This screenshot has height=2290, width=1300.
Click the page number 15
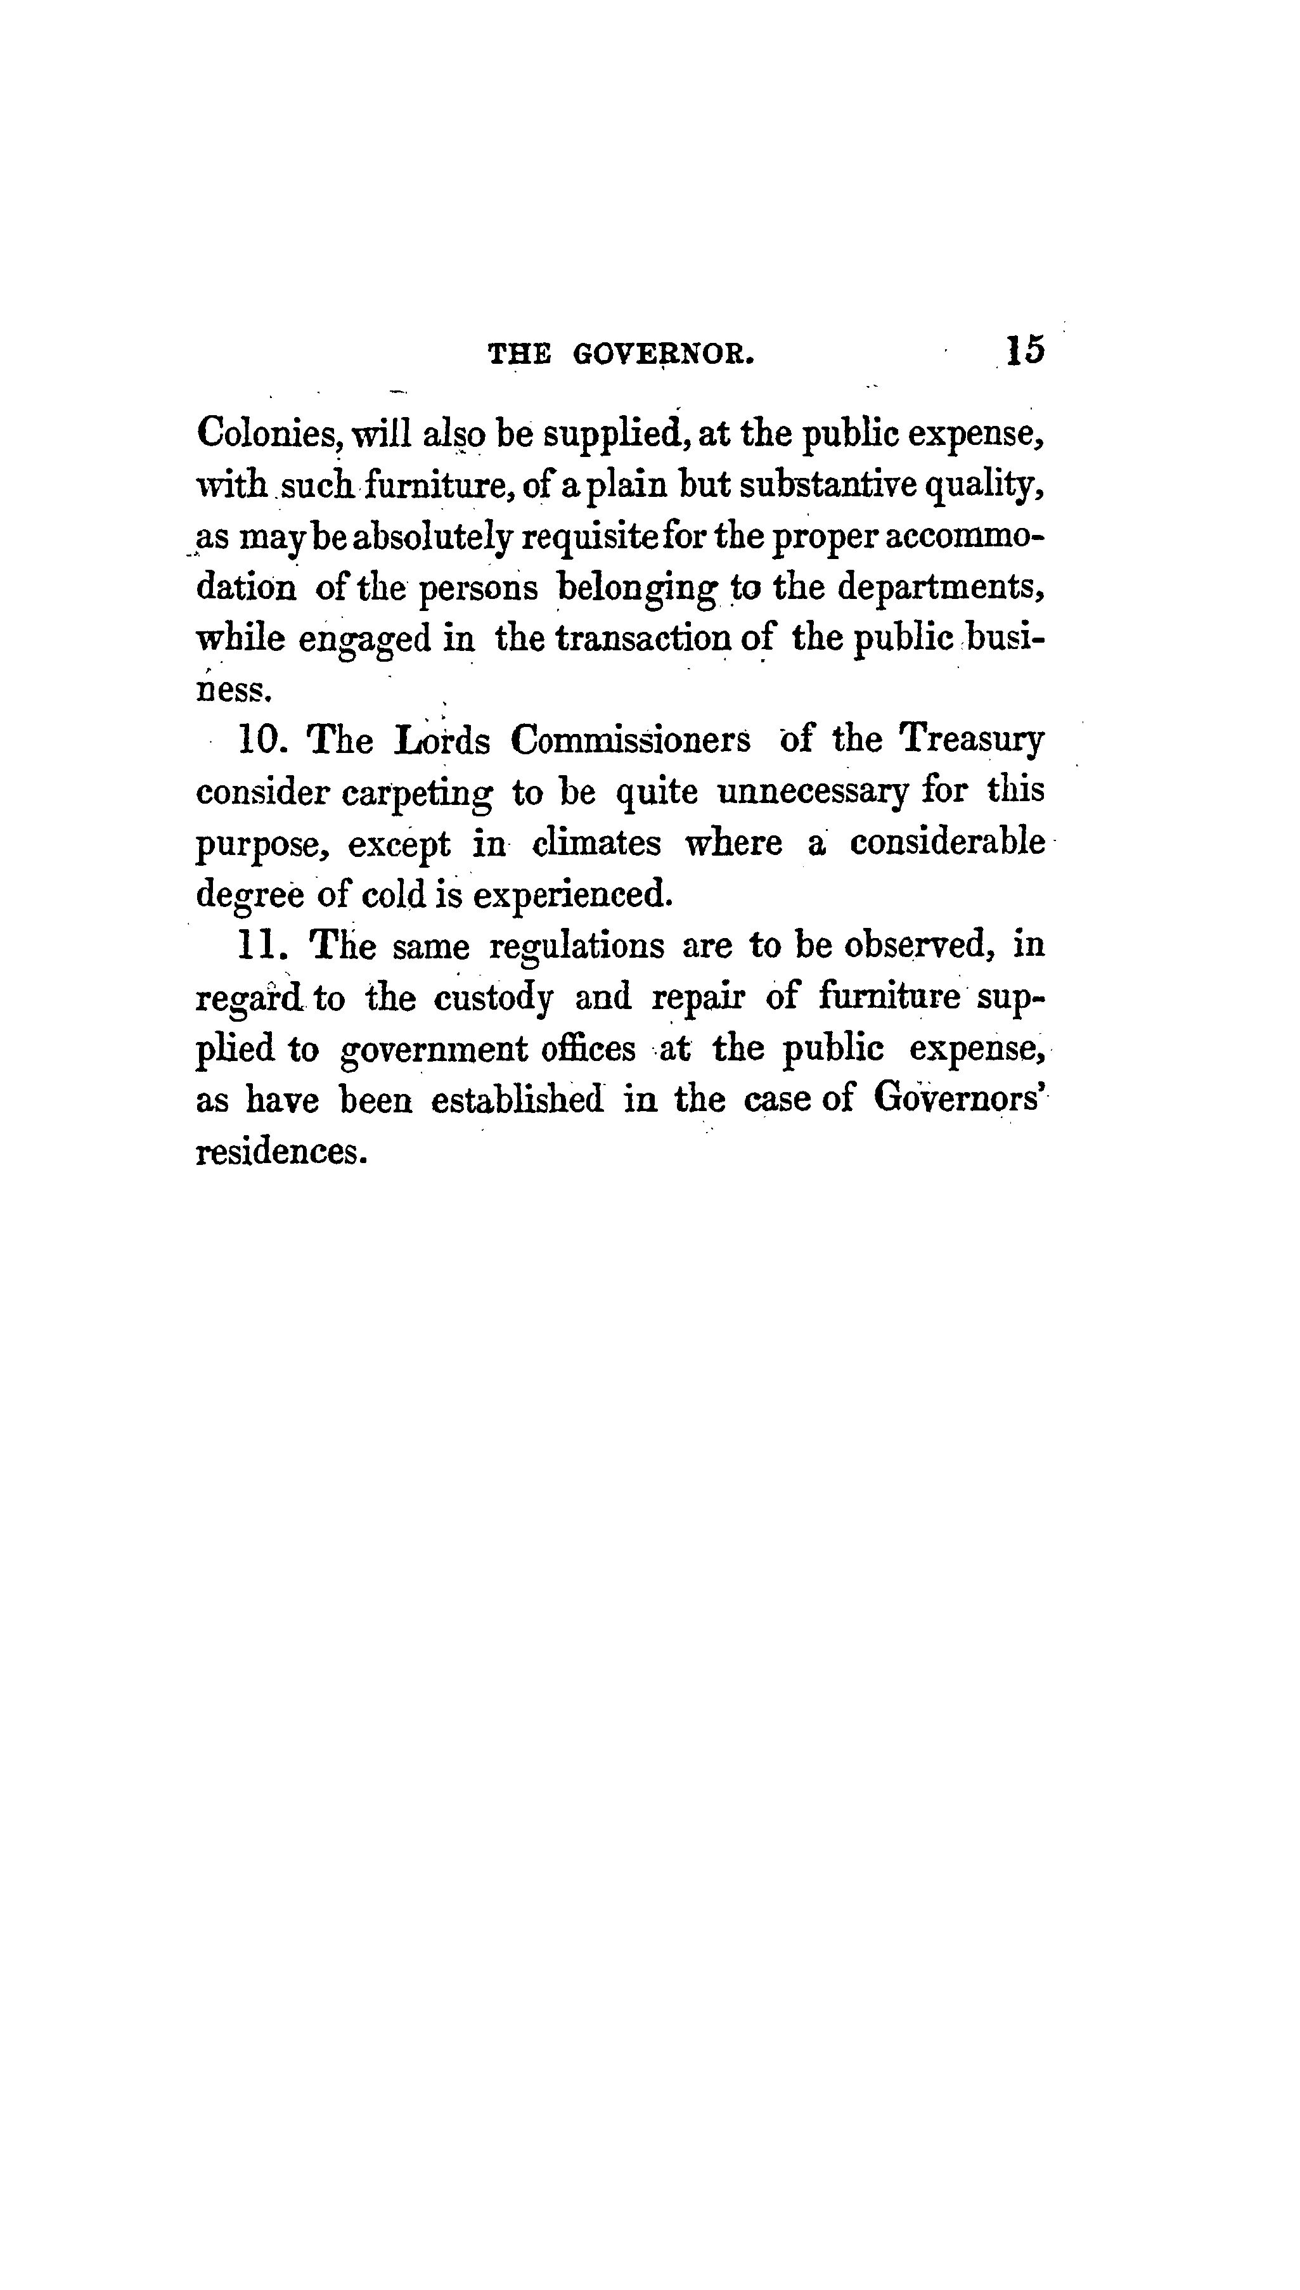click(1024, 350)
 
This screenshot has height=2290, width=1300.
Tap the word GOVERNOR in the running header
click(664, 356)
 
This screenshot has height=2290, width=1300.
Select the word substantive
click(828, 485)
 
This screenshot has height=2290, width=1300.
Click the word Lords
click(442, 740)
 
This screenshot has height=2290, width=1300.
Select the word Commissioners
click(631, 740)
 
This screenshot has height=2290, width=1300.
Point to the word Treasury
click(972, 740)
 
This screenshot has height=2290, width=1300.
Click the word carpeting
click(416, 794)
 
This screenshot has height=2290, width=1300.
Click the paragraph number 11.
click(261, 946)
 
